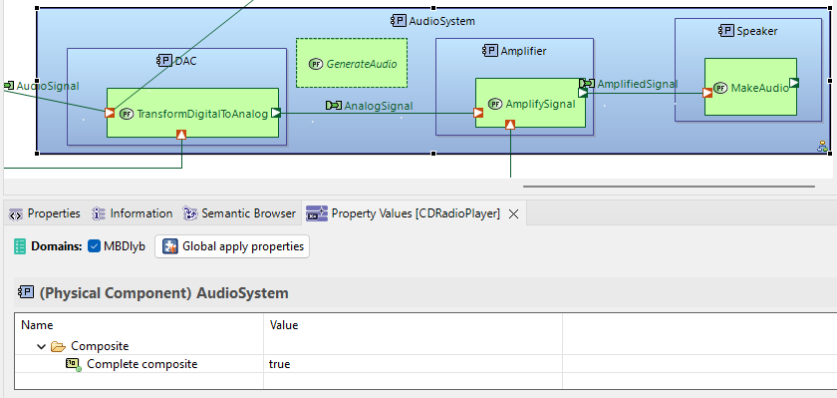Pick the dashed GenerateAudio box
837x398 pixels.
352,63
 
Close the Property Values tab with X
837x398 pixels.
513,213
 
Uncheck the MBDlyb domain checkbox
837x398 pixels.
95,246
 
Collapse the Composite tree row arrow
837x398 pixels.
41,346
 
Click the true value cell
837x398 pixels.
280,364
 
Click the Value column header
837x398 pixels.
284,325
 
